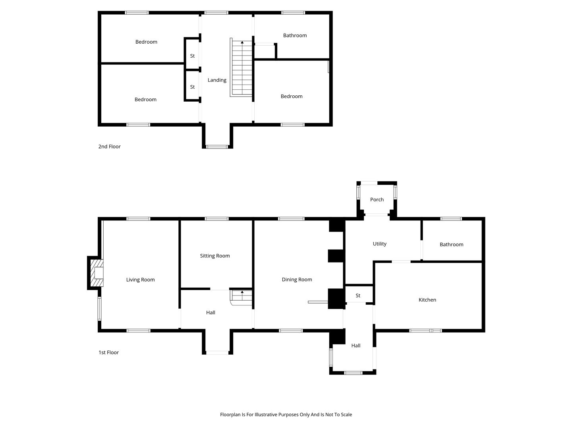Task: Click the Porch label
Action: pos(377,199)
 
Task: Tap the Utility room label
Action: pos(379,244)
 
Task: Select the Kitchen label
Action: pos(427,300)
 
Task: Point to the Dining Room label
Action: pos(297,280)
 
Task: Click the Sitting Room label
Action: pos(215,256)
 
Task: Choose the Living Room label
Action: pos(140,280)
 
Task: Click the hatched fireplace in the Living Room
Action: pos(97,273)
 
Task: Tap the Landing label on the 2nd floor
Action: pos(217,80)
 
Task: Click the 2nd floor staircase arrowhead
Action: pos(242,42)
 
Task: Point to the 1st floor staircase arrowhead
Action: pos(242,292)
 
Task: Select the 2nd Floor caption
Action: pos(109,147)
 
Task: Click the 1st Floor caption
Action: pos(108,352)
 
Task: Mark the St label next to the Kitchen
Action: pos(358,296)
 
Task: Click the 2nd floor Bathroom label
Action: pos(295,35)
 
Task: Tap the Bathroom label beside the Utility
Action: pos(451,245)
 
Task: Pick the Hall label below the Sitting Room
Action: pos(211,313)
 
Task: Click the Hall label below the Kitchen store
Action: pos(356,346)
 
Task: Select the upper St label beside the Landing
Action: pos(192,56)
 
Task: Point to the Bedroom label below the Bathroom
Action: pos(291,97)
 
